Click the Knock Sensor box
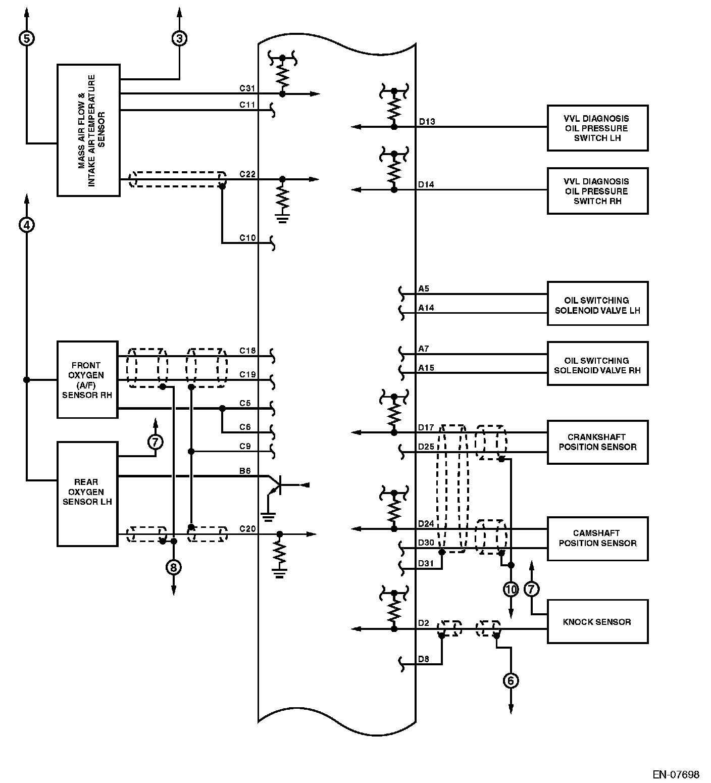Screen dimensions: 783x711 [597, 622]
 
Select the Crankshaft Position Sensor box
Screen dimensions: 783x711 [597, 442]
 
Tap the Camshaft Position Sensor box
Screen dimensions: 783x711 [597, 539]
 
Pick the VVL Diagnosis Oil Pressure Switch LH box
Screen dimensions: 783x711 [597, 128]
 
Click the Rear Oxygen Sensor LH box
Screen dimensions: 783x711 [88, 494]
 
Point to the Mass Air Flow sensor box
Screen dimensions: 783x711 [88, 130]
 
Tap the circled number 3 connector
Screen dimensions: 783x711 [179, 38]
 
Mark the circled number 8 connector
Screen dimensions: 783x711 [173, 567]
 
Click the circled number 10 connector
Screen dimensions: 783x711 [511, 589]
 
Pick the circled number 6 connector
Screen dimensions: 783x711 [511, 680]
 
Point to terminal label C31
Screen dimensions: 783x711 [247, 88]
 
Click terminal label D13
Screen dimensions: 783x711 [427, 122]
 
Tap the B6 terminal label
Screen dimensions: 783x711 [245, 471]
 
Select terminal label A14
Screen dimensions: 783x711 [426, 308]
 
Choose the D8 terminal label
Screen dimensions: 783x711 [424, 659]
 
